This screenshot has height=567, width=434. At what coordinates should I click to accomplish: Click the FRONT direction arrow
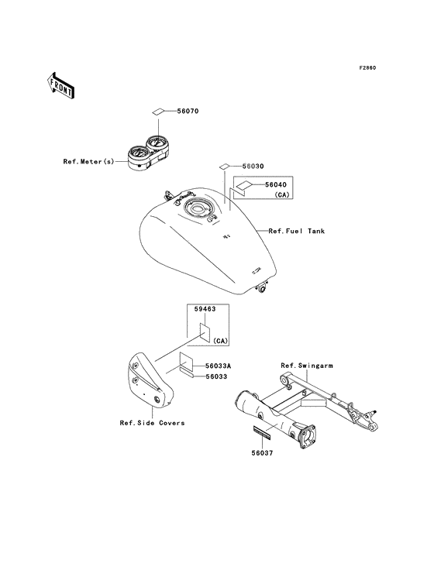pyautogui.click(x=60, y=85)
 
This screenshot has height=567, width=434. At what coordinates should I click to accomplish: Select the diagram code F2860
pyautogui.click(x=367, y=67)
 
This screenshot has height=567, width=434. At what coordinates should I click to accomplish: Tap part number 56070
pyautogui.click(x=188, y=112)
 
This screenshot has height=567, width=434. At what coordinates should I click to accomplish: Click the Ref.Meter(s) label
pyautogui.click(x=88, y=162)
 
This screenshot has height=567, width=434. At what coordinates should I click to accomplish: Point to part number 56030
pyautogui.click(x=253, y=167)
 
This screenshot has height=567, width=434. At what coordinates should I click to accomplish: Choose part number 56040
pyautogui.click(x=276, y=185)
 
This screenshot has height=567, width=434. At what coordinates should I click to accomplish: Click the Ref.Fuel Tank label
pyautogui.click(x=297, y=231)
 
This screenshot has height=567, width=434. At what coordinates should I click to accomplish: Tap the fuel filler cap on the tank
pyautogui.click(x=198, y=208)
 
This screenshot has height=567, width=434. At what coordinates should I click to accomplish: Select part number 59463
pyautogui.click(x=205, y=309)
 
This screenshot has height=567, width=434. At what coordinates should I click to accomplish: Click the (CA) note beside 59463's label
pyautogui.click(x=220, y=341)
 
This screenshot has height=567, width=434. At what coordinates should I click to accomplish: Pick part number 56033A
pyautogui.click(x=219, y=366)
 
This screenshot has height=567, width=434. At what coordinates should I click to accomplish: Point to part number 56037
pyautogui.click(x=263, y=453)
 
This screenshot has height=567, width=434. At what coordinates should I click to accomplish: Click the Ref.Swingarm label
pyautogui.click(x=307, y=366)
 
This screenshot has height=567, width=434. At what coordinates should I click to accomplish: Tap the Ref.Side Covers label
pyautogui.click(x=152, y=423)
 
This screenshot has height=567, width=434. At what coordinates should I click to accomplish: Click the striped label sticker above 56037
pyautogui.click(x=263, y=432)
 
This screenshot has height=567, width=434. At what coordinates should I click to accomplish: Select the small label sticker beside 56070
pyautogui.click(x=157, y=112)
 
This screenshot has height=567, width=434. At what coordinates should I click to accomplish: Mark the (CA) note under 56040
pyautogui.click(x=282, y=195)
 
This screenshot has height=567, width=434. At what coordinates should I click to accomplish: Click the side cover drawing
pyautogui.click(x=150, y=380)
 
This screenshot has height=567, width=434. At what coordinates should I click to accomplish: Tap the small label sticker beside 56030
pyautogui.click(x=224, y=167)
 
